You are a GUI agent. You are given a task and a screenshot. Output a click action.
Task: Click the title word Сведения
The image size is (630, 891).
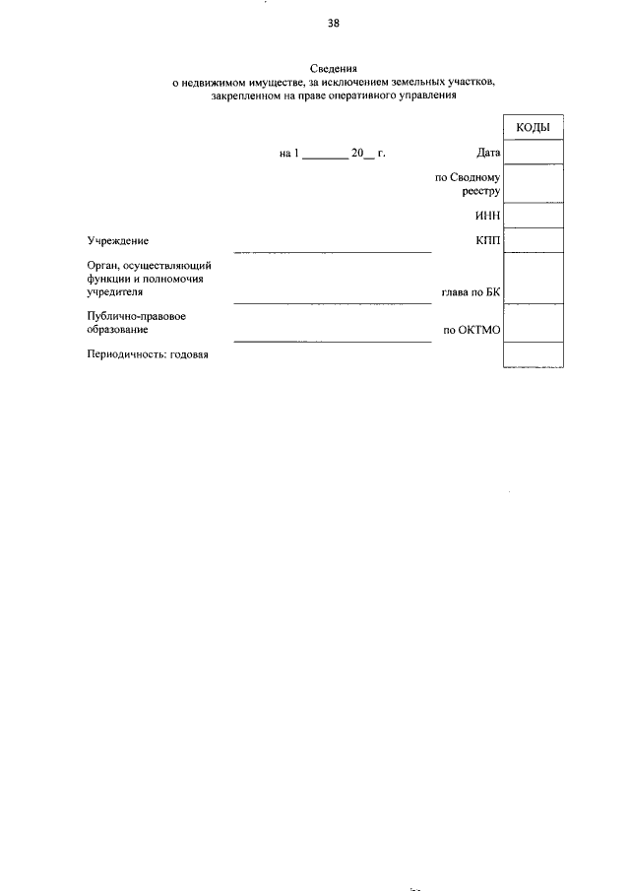click(x=335, y=68)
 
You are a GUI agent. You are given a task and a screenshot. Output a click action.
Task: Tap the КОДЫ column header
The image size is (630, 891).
click(x=533, y=129)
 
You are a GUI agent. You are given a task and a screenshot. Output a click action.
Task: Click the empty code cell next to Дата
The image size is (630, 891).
click(x=533, y=153)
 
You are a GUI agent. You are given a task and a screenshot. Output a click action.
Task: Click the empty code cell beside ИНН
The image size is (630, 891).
click(x=533, y=216)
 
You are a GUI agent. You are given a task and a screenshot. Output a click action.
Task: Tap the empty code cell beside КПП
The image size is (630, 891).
click(x=533, y=239)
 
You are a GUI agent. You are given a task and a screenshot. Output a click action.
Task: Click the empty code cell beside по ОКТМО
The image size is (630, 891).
click(x=533, y=325)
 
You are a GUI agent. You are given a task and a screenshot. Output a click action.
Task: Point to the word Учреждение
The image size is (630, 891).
click(x=117, y=240)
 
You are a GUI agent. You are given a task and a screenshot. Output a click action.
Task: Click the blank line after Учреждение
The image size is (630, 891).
click(x=332, y=250)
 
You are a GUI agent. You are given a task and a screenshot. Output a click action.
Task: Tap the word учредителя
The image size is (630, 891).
click(x=115, y=292)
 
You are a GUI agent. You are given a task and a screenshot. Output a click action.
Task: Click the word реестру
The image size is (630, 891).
click(x=481, y=192)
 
